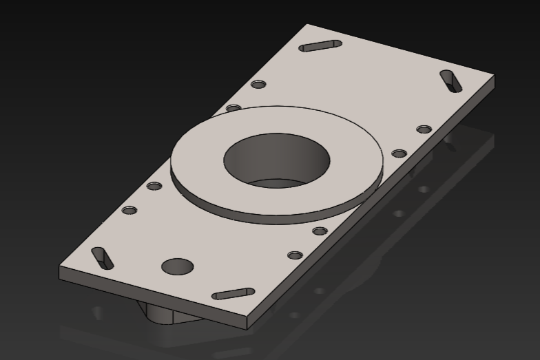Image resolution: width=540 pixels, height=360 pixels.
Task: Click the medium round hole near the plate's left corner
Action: (177, 266)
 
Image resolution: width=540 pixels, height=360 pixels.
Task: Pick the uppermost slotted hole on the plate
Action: (320, 46)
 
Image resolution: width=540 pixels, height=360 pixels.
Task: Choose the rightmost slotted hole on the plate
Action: (451, 81)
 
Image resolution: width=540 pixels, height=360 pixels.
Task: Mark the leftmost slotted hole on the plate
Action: (102, 257)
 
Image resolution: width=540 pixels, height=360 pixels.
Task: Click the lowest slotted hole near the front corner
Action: (233, 294)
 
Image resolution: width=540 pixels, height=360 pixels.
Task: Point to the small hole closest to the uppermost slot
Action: (258, 85)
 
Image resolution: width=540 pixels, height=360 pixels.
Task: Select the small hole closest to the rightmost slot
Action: (424, 129)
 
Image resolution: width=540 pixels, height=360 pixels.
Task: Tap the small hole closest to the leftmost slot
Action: (129, 210)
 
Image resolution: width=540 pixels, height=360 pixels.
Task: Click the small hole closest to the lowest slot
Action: (295, 255)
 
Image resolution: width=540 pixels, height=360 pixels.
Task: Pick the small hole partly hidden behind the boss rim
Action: (234, 108)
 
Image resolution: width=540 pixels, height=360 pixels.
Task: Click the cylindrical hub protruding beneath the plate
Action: (165, 314)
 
